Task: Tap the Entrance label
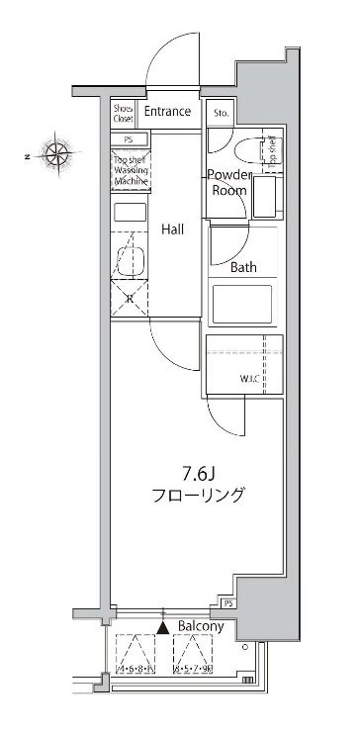pyautogui.click(x=167, y=112)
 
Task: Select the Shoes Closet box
pyautogui.click(x=123, y=114)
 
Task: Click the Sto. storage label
pyautogui.click(x=221, y=113)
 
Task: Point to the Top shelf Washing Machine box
pyautogui.click(x=130, y=170)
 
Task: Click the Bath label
pyautogui.click(x=244, y=267)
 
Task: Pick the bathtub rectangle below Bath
pyautogui.click(x=243, y=302)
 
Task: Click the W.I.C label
pyautogui.click(x=248, y=378)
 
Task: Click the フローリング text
pyautogui.click(x=197, y=496)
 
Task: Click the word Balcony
pyautogui.click(x=201, y=627)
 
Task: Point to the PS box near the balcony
pyautogui.click(x=228, y=603)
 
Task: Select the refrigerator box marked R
pyautogui.click(x=130, y=299)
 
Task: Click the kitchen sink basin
pyautogui.click(x=131, y=260)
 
